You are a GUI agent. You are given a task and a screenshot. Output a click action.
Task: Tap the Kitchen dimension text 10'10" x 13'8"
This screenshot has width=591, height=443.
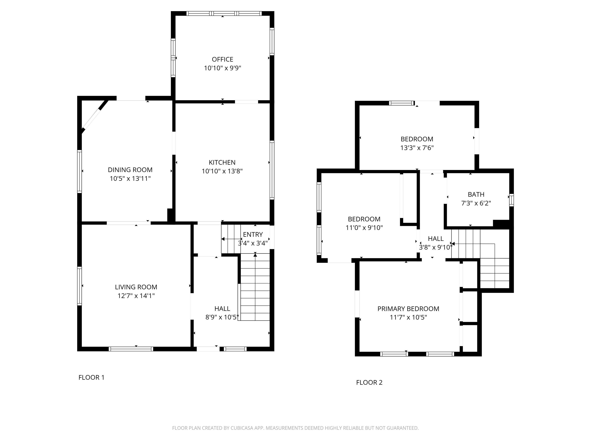click(222, 171)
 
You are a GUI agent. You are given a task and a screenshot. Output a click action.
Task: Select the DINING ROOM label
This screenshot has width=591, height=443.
click(130, 170)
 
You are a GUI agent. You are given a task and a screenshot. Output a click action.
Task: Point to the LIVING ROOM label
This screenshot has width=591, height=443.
click(136, 287)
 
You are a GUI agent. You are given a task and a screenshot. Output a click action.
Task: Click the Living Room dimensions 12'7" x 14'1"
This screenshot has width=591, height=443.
click(136, 296)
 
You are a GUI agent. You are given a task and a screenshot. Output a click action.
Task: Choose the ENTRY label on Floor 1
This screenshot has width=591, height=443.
click(253, 234)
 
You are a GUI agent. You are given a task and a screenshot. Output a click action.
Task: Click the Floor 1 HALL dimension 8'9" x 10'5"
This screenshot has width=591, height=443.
click(222, 317)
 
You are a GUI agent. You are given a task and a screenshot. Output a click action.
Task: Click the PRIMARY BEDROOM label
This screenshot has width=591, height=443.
click(408, 309)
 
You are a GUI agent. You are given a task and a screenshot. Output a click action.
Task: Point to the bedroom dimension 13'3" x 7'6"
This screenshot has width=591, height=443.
click(417, 148)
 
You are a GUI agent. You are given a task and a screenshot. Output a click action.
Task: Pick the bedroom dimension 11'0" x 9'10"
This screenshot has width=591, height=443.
click(364, 228)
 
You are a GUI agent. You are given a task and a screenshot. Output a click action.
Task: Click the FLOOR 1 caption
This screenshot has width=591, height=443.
click(91, 377)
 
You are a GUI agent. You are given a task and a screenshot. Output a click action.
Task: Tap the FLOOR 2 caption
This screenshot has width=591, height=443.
click(369, 382)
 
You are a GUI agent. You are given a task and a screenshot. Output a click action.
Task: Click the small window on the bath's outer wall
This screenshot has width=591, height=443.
click(511, 200)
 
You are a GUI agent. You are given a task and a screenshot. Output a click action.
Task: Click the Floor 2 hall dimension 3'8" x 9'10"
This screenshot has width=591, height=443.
click(436, 247)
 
